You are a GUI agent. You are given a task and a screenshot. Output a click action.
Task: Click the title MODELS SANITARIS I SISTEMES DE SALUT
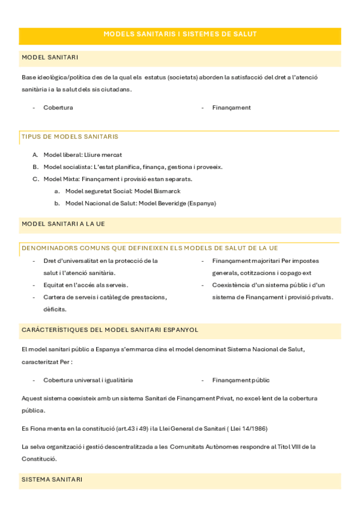180,34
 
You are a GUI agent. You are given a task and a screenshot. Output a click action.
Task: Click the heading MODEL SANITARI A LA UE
63,224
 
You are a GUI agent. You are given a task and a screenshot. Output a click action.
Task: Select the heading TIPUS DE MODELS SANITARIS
70,137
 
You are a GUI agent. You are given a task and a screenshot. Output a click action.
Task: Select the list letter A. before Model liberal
35,155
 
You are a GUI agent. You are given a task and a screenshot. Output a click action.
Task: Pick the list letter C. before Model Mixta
35,179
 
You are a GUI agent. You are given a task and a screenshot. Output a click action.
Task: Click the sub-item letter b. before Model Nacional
56,203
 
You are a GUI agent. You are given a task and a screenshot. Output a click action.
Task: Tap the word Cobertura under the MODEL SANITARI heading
58,108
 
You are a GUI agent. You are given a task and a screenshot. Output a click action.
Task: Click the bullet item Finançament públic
240,380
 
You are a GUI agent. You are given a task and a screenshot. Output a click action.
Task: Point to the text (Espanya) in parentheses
201,203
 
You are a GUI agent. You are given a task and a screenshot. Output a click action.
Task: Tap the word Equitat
54,285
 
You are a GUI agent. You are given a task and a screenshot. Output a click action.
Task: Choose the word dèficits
55,309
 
